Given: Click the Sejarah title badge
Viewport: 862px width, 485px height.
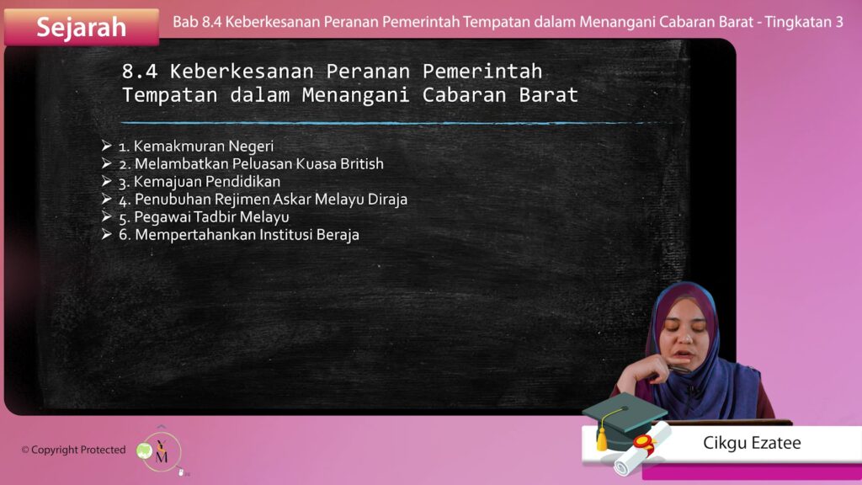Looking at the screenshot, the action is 82,26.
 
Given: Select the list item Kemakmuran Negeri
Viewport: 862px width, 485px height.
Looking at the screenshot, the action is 196,147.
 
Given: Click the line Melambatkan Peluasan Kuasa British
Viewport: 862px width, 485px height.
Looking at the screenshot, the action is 251,164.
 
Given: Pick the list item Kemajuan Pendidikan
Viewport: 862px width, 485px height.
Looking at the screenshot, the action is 200,182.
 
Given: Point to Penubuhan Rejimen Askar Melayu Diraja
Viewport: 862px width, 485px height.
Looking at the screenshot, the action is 263,199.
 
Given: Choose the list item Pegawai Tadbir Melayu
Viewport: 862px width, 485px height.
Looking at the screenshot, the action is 204,217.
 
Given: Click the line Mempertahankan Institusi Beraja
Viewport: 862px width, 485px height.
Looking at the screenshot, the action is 239,235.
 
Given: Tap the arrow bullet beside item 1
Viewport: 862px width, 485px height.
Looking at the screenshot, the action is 107,145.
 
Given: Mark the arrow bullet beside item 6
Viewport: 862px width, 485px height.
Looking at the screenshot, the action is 107,234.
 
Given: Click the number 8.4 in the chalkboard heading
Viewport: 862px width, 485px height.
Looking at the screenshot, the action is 140,72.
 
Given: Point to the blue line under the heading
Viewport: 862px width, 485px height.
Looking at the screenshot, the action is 388,123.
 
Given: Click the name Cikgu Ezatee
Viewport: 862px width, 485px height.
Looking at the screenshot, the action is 752,443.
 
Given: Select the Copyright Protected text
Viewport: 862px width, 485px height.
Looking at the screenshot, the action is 74,450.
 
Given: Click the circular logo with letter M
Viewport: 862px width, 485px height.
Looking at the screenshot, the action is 162,452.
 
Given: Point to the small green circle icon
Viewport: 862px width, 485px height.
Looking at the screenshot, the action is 144,451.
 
